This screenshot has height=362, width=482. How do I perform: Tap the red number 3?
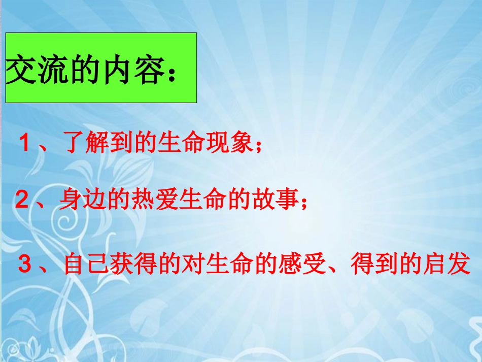[25, 265]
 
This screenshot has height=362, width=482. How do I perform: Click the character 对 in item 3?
[192, 265]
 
